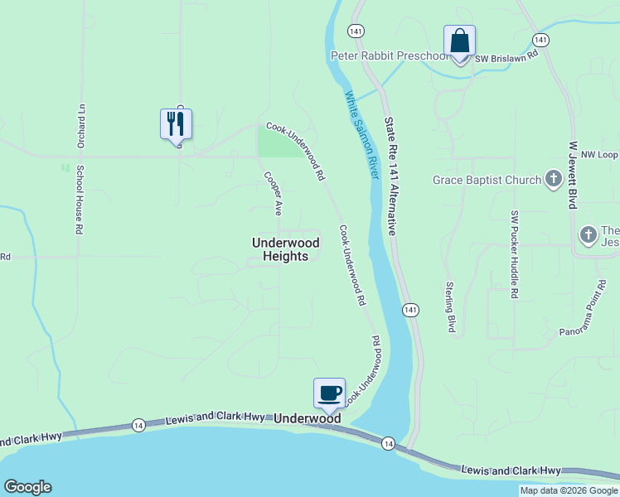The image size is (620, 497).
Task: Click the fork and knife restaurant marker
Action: click(x=176, y=124)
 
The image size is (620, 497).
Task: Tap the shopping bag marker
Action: click(x=459, y=41)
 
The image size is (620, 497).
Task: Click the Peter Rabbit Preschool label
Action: click(x=389, y=55)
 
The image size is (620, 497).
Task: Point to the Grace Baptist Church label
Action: click(x=487, y=180)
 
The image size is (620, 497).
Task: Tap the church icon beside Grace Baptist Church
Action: click(x=554, y=180)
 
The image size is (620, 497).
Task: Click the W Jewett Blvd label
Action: click(x=572, y=174)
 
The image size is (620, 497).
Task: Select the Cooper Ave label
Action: click(x=273, y=191)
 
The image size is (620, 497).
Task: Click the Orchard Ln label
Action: click(x=80, y=123)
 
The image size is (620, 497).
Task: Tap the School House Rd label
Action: click(x=80, y=198)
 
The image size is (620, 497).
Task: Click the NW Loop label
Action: click(x=599, y=155)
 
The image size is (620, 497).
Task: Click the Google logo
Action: click(x=27, y=487)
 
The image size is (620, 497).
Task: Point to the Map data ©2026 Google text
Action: click(x=569, y=490)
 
